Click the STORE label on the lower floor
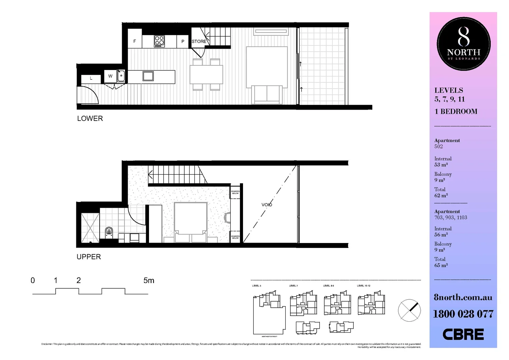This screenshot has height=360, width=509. point(199,42)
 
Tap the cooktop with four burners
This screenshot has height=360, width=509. point(159,41)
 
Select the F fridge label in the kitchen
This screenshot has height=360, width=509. point(135,41)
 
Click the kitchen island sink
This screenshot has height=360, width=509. point(148,76)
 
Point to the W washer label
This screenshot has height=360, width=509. point(110,76)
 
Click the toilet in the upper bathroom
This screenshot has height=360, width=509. point(109,232)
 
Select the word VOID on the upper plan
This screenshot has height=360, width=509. point(267,205)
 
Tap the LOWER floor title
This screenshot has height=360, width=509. point(90,119)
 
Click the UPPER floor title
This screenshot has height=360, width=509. point(89,257)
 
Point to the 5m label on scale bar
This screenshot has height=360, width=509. point(149,281)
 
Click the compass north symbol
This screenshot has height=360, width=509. point(409,310)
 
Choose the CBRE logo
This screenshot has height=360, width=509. point(463,334)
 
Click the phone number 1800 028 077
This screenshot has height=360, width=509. point(463,314)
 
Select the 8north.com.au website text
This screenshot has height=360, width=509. point(463,297)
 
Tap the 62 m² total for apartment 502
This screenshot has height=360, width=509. point(441,196)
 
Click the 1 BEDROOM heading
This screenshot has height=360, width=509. point(456,112)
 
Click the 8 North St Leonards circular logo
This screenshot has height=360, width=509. point(463,44)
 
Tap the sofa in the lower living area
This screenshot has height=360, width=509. point(267,94)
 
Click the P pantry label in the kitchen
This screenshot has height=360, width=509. point(183,42)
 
